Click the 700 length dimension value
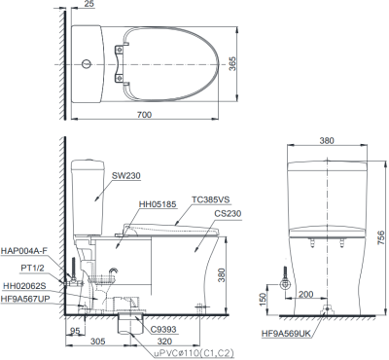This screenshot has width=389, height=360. click(x=144, y=115)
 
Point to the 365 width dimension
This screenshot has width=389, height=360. click(x=232, y=64)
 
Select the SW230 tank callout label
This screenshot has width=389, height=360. click(x=126, y=175)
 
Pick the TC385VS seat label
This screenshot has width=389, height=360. click(x=210, y=199)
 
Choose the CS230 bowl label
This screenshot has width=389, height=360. click(x=228, y=214)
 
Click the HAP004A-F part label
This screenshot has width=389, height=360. click(x=22, y=251)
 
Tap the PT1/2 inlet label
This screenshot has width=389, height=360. click(x=32, y=268)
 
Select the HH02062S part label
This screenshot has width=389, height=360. click(x=25, y=286)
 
